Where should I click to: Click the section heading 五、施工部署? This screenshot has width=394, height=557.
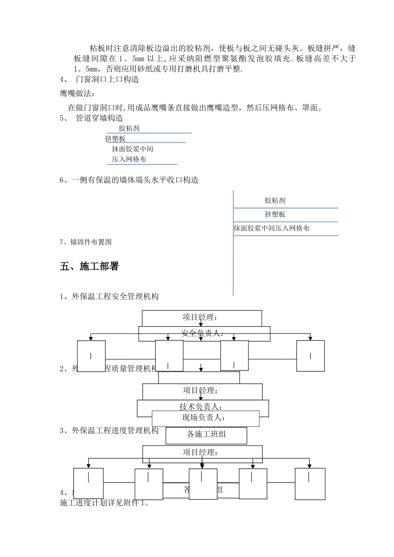(x=89, y=266)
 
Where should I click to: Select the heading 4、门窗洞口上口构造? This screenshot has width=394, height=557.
(x=100, y=79)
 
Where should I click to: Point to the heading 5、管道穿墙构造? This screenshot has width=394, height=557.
(x=92, y=118)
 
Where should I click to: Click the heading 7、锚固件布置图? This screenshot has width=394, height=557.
(x=86, y=242)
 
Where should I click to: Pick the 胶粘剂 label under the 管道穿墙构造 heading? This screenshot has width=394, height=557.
(x=129, y=128)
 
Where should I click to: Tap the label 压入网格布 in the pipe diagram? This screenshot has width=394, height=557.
(x=129, y=159)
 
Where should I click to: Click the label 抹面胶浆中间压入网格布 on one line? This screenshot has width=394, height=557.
(x=271, y=228)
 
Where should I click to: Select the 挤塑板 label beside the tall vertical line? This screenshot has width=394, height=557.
(x=275, y=214)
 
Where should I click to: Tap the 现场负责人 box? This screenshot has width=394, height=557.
(x=206, y=418)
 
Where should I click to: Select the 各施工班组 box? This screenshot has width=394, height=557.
(x=206, y=435)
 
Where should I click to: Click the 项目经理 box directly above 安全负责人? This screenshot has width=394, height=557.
(x=202, y=318)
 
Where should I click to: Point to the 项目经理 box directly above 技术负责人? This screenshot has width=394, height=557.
(x=202, y=391)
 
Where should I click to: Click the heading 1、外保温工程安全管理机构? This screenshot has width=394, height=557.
(x=109, y=296)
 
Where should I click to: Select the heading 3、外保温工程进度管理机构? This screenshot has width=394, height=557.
(x=109, y=431)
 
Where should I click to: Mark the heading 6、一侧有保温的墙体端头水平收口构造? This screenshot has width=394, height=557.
(x=129, y=180)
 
